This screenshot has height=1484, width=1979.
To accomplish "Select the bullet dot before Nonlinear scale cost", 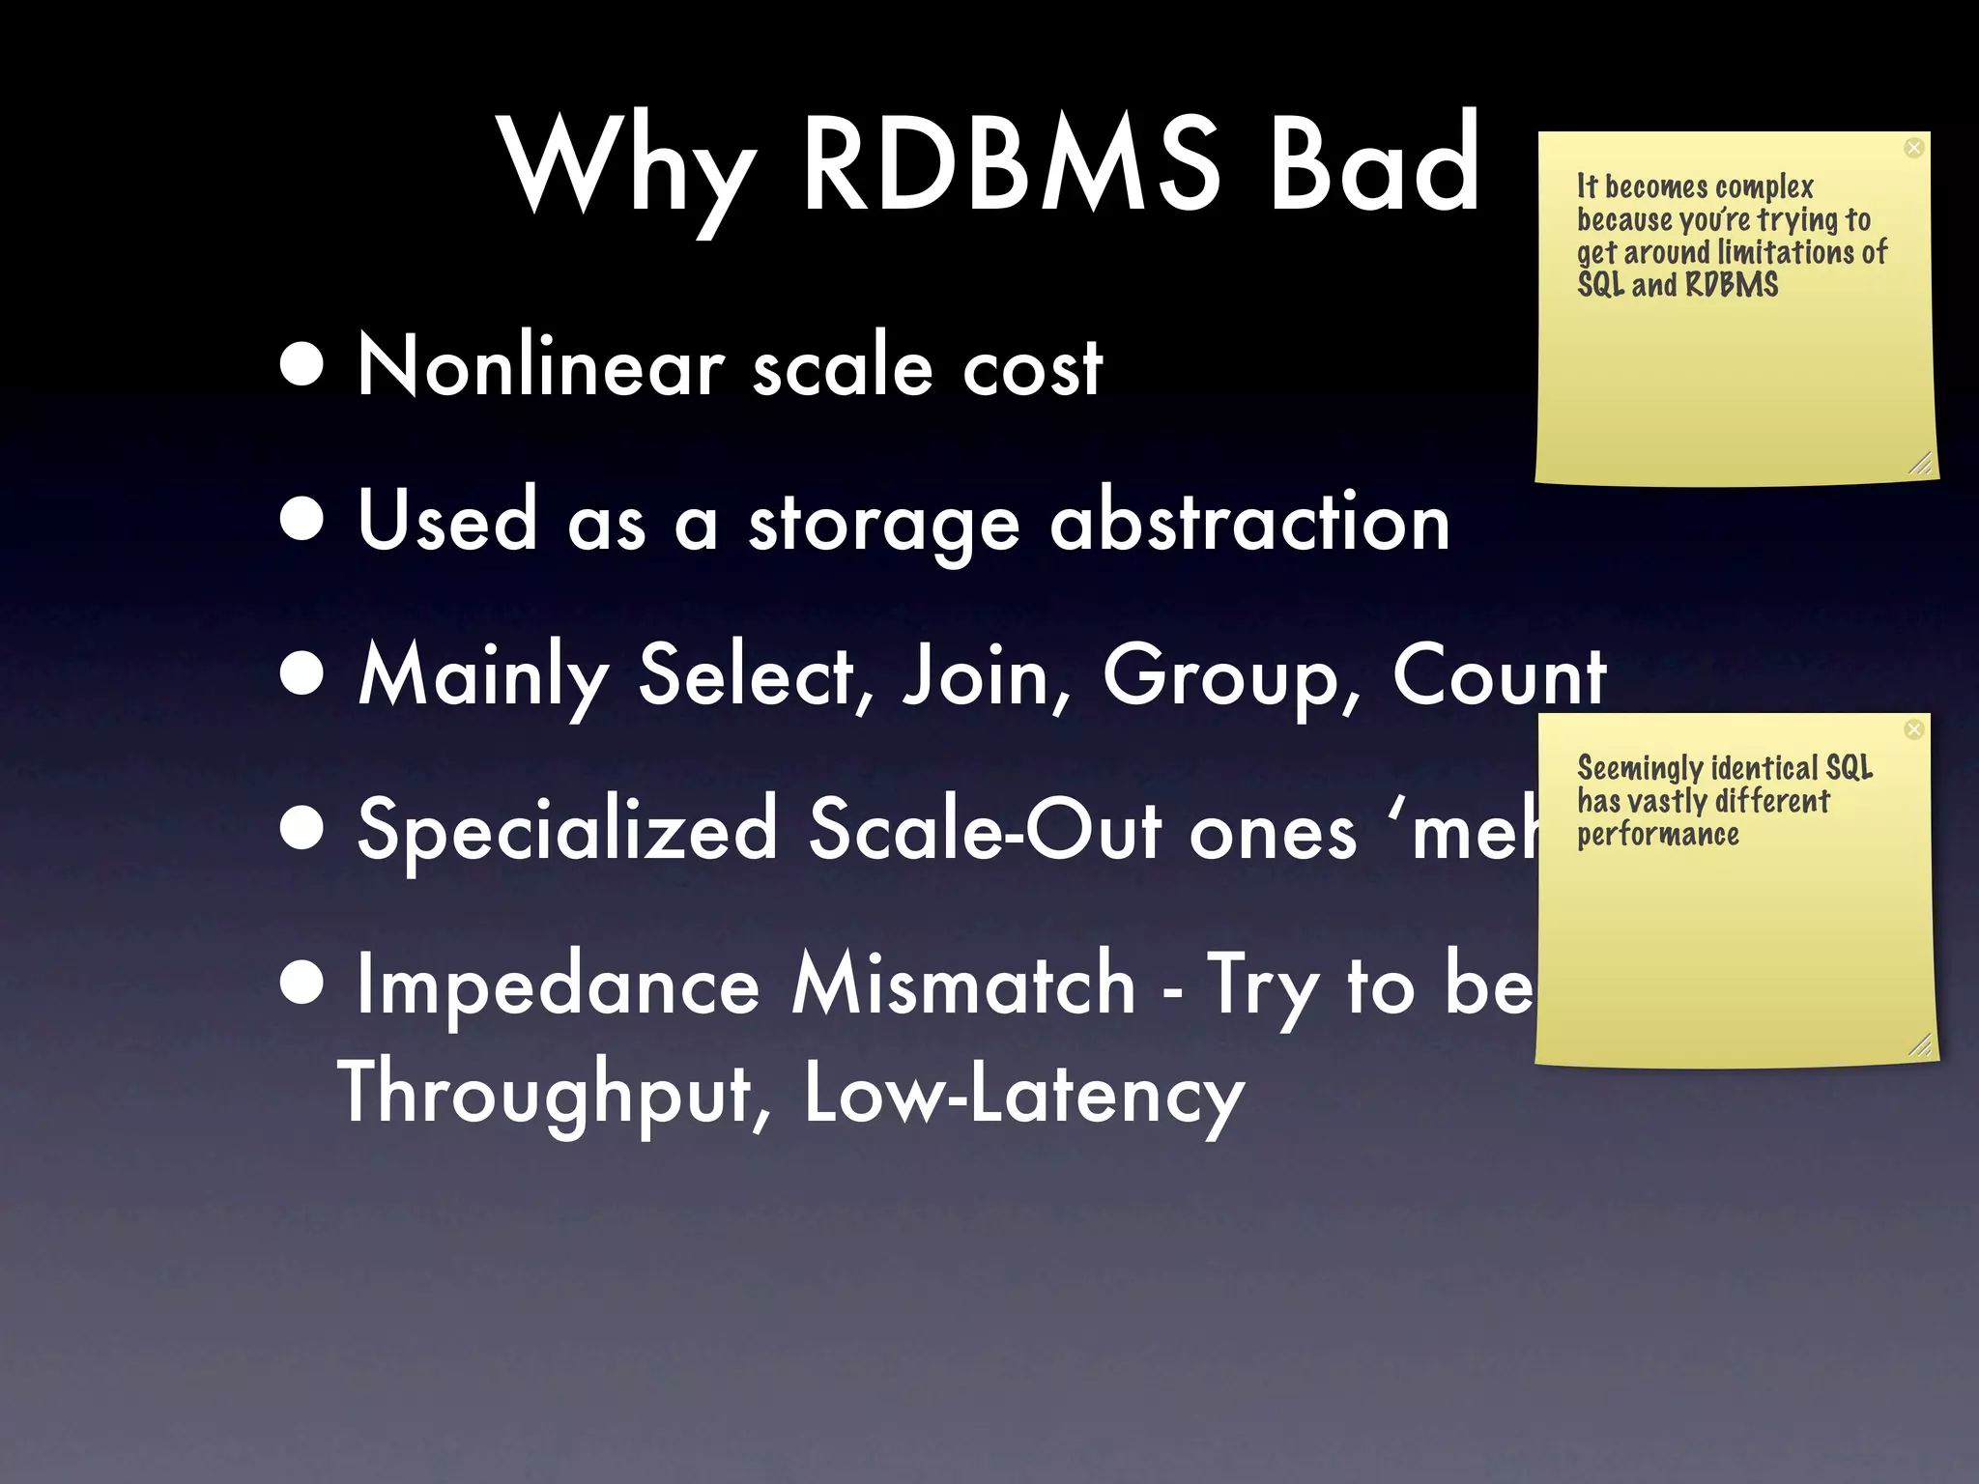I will [x=302, y=366].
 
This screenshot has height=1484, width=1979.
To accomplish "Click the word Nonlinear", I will [x=541, y=366].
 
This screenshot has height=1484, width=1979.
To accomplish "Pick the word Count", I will [x=1499, y=676].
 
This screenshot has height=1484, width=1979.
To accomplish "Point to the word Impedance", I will [x=559, y=985].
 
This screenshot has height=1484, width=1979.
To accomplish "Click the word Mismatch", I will [x=963, y=985].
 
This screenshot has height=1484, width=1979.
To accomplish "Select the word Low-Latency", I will [x=1024, y=1094].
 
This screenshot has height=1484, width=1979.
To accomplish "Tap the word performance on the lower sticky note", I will [x=1658, y=835].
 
